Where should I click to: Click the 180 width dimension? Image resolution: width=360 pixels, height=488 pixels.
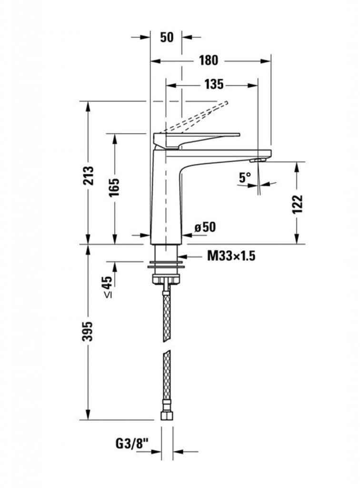209,61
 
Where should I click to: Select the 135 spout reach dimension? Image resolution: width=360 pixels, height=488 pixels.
214,84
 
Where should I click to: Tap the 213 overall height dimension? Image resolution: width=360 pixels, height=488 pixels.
88,175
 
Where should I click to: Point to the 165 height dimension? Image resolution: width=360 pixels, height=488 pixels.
114,187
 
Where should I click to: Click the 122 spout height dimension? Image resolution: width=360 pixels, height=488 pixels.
298,204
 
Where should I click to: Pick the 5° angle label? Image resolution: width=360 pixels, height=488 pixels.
245,177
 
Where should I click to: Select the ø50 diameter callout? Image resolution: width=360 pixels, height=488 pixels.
205,227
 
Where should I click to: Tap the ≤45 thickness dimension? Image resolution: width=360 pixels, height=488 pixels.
107,286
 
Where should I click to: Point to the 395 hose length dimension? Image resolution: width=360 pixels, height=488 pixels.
88,331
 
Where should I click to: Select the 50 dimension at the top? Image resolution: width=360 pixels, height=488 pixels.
167,37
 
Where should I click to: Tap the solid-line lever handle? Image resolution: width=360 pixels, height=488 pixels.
197,139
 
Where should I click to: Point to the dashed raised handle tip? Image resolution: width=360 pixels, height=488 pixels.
226,103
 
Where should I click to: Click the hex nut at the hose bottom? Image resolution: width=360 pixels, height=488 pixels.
167,416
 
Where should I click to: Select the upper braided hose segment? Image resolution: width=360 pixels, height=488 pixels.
167,317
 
